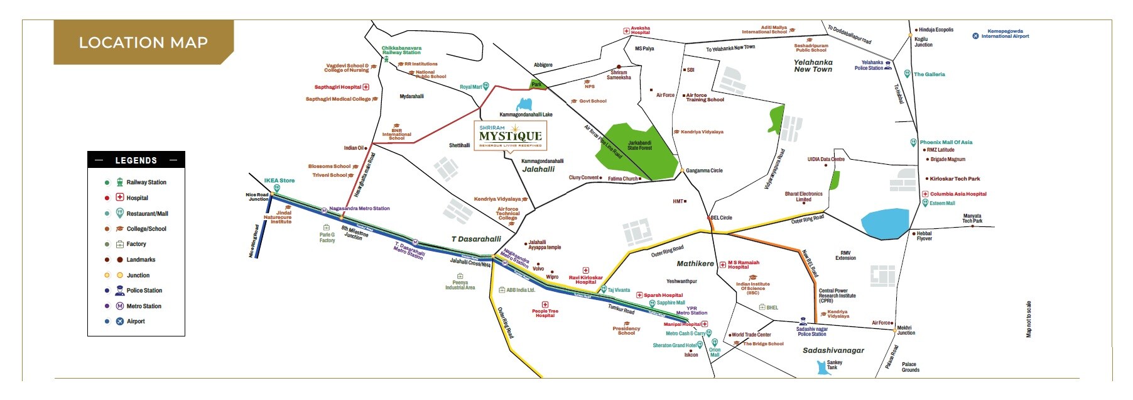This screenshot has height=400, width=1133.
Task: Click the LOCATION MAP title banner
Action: [143, 42]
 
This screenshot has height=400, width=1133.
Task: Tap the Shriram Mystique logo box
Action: [510, 135]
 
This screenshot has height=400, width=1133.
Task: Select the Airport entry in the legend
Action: [136, 321]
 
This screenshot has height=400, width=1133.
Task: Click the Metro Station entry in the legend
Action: [143, 306]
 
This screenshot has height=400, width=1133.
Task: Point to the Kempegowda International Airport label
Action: [1005, 33]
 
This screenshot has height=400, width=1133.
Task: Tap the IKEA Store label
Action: [279, 181]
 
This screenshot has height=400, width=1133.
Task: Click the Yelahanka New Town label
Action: [813, 66]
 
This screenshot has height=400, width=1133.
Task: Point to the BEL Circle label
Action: [721, 218]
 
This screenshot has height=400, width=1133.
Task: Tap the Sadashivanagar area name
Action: [833, 350]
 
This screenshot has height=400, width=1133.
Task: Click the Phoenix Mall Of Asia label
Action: [945, 142]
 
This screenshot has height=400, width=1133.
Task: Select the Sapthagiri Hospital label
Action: [338, 87]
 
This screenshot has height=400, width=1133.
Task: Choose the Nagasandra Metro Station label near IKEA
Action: [359, 208]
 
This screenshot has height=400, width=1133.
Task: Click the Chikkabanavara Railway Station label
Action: [402, 50]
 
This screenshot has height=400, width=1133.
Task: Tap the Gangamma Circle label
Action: [703, 170]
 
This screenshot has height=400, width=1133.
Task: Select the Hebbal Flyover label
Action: [924, 236]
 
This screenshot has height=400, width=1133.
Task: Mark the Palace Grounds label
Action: [910, 367]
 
